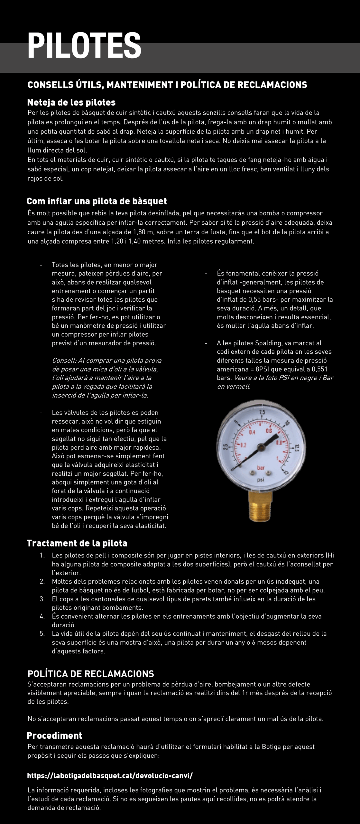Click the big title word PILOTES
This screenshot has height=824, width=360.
84,45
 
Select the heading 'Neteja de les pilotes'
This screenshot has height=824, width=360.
71,102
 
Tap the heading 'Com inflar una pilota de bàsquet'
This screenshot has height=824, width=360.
97,201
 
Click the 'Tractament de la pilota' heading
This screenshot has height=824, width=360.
77,543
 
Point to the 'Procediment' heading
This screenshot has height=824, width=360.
54,735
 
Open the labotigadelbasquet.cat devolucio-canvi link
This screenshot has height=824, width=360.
110,776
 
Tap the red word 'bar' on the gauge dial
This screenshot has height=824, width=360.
261,468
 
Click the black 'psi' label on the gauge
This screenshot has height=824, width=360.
261,480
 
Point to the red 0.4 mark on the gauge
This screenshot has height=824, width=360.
252,432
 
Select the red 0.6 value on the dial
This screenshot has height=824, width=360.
269,431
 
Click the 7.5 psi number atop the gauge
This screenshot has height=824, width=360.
262,412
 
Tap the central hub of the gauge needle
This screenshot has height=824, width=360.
260,447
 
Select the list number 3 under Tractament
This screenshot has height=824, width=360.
42,599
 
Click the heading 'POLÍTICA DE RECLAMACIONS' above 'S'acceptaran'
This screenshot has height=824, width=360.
91,674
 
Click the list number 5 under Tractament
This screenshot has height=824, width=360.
42,634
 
